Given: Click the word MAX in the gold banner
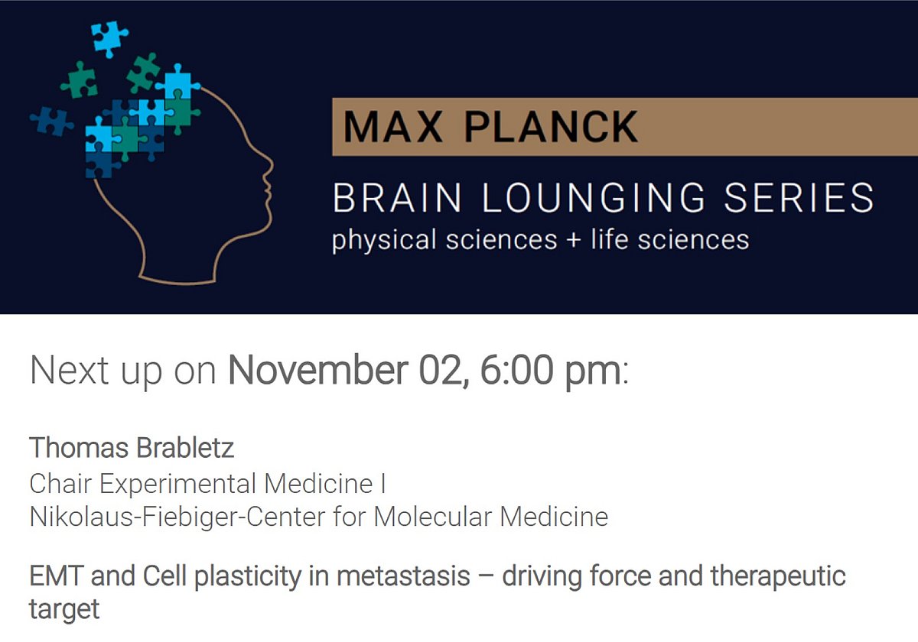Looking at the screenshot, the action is coord(393,126).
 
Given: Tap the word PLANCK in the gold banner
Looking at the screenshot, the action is coord(551,126).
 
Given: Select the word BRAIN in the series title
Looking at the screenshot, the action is coord(397,198).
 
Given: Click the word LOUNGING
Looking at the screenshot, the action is coord(593,198).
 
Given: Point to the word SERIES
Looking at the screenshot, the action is coord(799,198).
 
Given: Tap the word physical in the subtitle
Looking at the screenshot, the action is coord(384,240).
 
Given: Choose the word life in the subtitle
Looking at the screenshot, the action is coord(610,238).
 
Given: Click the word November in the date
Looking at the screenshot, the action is coord(318,370).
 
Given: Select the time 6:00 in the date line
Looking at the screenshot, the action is coord(516,370).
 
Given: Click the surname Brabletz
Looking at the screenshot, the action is coord(185,448).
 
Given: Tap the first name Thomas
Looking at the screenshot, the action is coord(79,448).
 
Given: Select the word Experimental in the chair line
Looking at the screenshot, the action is coord(177,484).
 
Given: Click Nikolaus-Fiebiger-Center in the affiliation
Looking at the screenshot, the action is coord(177,517).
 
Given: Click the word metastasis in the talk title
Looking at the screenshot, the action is coord(403,576).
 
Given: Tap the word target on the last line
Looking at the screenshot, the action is coord(64,610).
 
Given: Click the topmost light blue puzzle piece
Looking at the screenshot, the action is coord(109,38).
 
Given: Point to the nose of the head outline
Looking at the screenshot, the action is coord(271,168).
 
